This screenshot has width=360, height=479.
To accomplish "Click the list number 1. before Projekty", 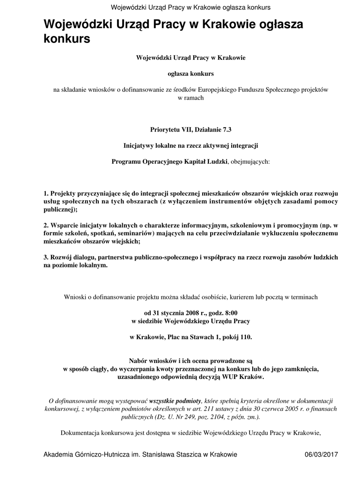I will [x=46, y=193].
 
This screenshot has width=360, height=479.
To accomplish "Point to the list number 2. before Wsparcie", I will [x=46, y=225].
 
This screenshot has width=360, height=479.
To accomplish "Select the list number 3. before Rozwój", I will [x=46, y=257].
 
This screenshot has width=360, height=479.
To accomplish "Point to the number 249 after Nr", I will [x=180, y=416].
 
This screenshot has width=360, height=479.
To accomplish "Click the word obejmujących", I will [x=250, y=161].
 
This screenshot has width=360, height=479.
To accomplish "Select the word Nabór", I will [x=138, y=360].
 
